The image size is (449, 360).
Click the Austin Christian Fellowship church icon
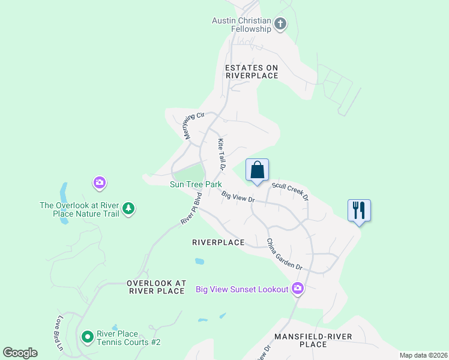coord(280,25)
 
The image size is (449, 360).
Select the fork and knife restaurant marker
coord(359,210)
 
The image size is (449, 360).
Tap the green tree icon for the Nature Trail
coord(128,209)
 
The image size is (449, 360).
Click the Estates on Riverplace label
coord(252,71)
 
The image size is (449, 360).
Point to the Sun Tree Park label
coord(196,185)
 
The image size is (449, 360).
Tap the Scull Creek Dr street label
coord(290,191)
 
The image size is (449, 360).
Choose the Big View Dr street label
coord(238,197)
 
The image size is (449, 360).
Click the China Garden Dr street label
coord(284,254)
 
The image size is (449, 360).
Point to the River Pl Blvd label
coord(191,209)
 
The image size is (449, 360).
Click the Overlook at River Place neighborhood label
coord(156,287)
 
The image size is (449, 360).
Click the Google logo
coord(20,353)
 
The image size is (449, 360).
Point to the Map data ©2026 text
coord(423,355)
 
